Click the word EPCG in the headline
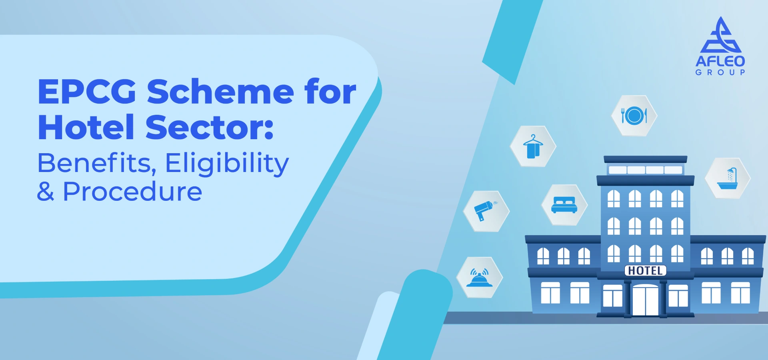click(x=87, y=92)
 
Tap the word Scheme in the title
click(x=220, y=92)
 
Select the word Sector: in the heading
click(x=210, y=127)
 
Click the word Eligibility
click(x=227, y=164)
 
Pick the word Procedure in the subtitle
click(x=132, y=192)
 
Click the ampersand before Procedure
click(x=46, y=192)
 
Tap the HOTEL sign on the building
click(x=645, y=271)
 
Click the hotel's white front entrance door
click(x=645, y=300)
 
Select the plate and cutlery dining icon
click(x=634, y=116)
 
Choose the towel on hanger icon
click(x=533, y=146)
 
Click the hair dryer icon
click(x=486, y=211)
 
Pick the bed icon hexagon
click(x=564, y=205)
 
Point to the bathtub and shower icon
click(x=727, y=178)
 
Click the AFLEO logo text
click(x=720, y=61)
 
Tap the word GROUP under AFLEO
click(x=720, y=72)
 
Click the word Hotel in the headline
click(x=86, y=127)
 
